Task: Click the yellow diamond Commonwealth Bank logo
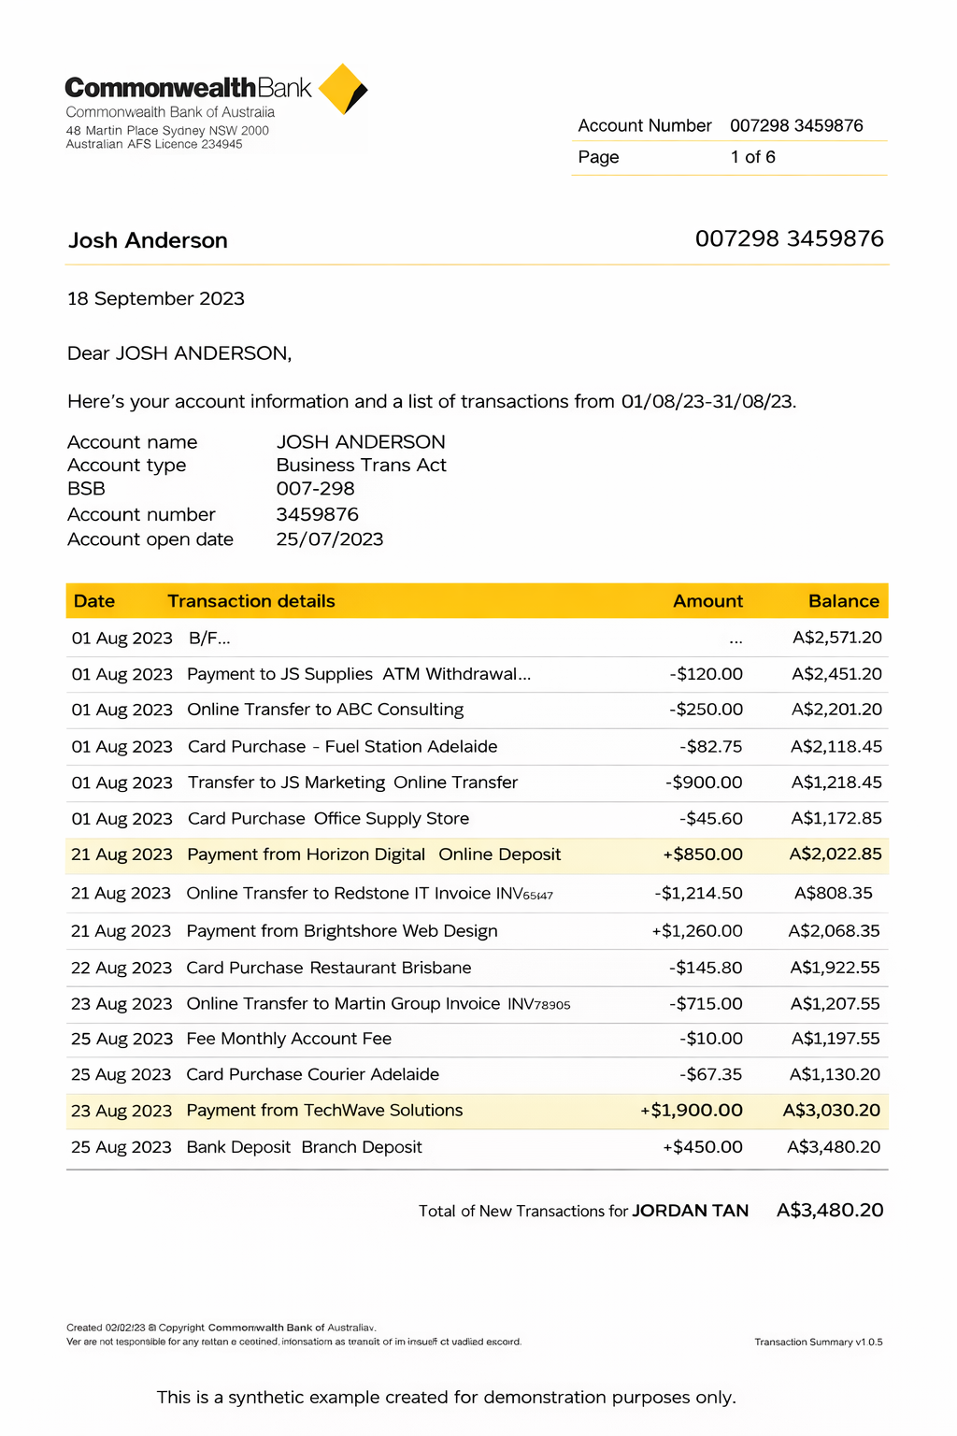tap(342, 89)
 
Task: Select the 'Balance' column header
tap(843, 601)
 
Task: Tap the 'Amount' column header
tap(707, 601)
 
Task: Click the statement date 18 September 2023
tap(156, 298)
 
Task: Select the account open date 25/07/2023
tap(330, 538)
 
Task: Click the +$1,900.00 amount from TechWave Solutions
tap(692, 1111)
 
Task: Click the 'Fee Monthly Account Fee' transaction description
tap(289, 1039)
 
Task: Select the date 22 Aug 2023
tap(121, 968)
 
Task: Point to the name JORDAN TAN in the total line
tap(690, 1211)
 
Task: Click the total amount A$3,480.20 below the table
tap(830, 1210)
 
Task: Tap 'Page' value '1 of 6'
tap(752, 157)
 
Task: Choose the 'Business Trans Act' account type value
tap(361, 465)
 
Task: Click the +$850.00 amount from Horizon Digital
tap(703, 854)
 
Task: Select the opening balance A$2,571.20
tap(836, 638)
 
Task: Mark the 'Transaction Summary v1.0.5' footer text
tap(818, 1342)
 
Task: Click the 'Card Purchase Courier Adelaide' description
tap(312, 1074)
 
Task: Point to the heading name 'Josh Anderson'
tap(148, 240)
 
